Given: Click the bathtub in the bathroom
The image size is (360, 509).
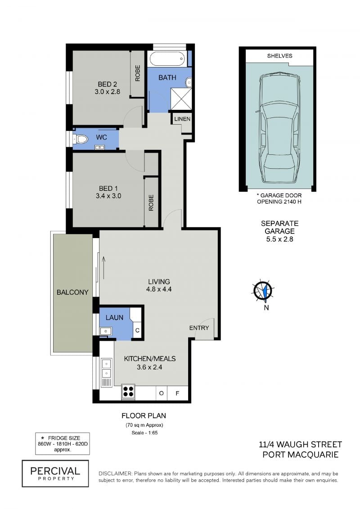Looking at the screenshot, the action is click(167, 59).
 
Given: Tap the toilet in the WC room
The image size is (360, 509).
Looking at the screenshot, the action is click(81, 139).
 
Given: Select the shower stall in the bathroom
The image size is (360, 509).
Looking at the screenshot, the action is click(181, 99).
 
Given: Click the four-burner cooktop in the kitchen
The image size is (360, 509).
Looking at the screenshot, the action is click(128, 391).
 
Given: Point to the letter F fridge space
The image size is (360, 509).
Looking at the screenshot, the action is click(177, 393).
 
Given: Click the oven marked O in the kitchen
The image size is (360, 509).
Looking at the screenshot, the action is click(162, 393).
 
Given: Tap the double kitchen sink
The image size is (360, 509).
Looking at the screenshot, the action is click(107, 373).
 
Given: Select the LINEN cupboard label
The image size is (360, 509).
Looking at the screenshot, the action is click(182, 119).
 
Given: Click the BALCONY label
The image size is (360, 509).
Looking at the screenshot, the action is click(72, 292).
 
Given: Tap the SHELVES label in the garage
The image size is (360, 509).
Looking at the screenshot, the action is click(279, 56).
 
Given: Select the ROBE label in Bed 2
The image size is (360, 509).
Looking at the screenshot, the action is click(138, 73).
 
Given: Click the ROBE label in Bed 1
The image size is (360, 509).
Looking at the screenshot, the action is click(151, 203).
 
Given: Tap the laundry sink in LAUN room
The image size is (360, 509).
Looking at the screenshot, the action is click(105, 331).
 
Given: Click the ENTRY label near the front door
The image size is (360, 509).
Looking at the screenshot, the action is click(199, 328).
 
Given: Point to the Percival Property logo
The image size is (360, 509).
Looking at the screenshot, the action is click(55, 473).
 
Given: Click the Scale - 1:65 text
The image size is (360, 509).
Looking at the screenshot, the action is click(144, 432).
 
